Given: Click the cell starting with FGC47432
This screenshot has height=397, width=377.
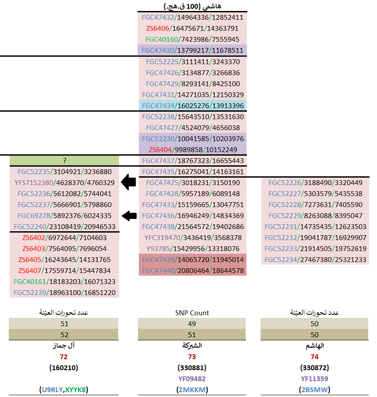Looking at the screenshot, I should pyautogui.click(x=192, y=18).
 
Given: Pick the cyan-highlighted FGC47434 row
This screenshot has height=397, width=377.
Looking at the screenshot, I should pyautogui.click(x=192, y=106).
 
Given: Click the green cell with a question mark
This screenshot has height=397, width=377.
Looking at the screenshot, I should pyautogui.click(x=64, y=160).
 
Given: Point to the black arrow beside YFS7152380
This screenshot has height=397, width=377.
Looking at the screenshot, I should pyautogui.click(x=129, y=182).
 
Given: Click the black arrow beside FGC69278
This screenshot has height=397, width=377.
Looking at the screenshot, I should pyautogui.click(x=129, y=215).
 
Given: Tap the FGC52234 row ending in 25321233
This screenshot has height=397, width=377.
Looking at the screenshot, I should pyautogui.click(x=315, y=259).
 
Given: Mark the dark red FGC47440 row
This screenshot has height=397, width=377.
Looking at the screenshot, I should pyautogui.click(x=192, y=270).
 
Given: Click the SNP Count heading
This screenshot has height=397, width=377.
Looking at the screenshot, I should pyautogui.click(x=192, y=313).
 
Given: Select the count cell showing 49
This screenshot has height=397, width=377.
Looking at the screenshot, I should pyautogui.click(x=192, y=324).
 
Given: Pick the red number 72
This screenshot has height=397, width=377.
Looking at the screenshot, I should pyautogui.click(x=64, y=357).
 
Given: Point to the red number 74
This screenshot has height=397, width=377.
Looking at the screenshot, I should pyautogui.click(x=314, y=357).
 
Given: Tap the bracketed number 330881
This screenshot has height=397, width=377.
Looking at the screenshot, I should pyautogui.click(x=192, y=368).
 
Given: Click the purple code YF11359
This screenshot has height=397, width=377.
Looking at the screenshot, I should pyautogui.click(x=314, y=379).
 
